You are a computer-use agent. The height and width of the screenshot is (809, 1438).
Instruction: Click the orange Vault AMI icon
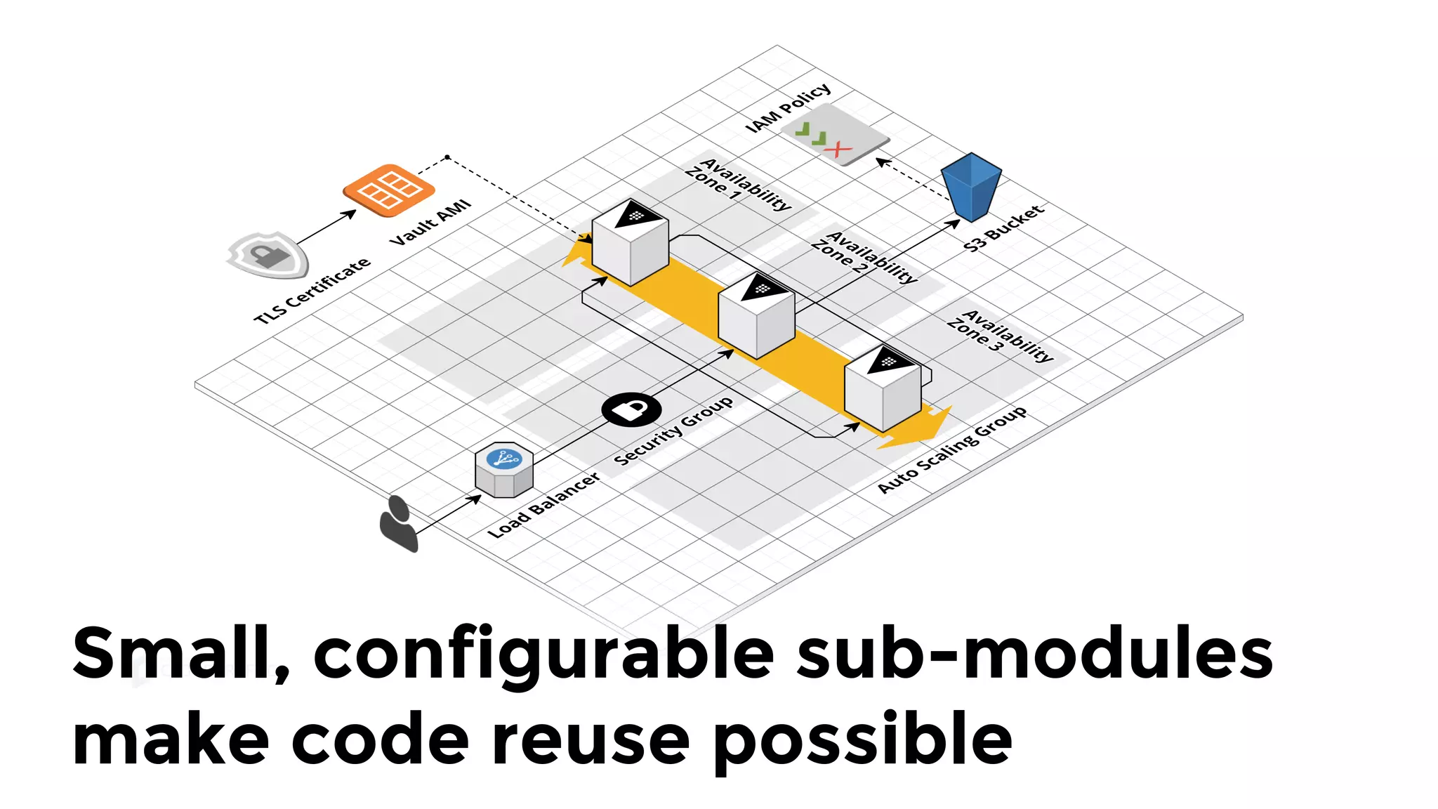(x=388, y=188)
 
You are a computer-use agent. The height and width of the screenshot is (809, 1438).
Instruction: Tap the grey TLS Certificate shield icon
(x=268, y=254)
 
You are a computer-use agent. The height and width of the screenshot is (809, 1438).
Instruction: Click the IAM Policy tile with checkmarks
(x=835, y=134)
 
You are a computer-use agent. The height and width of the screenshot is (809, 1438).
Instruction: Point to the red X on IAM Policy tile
(x=838, y=149)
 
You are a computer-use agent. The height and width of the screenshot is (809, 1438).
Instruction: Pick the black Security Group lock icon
(x=631, y=409)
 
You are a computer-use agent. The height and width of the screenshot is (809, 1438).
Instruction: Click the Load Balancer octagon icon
(x=504, y=469)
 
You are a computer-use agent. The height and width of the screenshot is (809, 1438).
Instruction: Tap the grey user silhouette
(x=398, y=524)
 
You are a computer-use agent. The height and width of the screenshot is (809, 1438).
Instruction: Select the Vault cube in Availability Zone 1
(x=630, y=242)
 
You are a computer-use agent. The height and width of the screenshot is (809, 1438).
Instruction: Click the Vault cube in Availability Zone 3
(x=883, y=388)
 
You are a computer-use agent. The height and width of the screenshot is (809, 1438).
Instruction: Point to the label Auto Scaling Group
(x=952, y=449)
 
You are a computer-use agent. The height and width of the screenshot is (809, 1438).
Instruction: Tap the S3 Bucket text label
(x=1003, y=228)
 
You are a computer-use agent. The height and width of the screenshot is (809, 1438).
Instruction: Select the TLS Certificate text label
(x=312, y=291)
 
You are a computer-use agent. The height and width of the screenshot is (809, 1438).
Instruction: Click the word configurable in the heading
(x=543, y=655)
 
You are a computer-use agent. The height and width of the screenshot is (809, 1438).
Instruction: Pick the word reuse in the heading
(x=590, y=740)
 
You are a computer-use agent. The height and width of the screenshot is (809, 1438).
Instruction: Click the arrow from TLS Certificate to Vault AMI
(x=326, y=228)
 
